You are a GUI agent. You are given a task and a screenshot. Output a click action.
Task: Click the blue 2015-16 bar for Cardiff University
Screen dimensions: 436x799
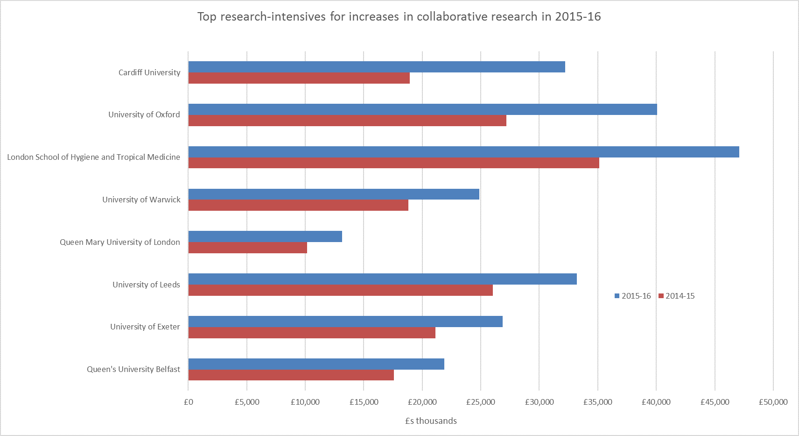377,67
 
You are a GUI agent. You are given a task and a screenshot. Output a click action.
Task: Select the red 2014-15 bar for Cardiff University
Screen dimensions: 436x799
299,78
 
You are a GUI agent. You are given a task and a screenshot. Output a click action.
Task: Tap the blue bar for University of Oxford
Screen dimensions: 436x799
422,109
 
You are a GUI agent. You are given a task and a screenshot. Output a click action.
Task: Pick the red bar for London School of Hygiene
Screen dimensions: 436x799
393,163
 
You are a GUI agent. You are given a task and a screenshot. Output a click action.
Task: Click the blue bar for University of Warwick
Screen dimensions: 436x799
334,194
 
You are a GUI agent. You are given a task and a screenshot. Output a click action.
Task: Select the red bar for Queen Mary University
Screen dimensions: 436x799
248,248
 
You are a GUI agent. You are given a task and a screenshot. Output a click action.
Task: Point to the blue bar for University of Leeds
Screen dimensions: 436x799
382,279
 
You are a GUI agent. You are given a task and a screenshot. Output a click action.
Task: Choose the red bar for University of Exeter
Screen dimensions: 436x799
312,333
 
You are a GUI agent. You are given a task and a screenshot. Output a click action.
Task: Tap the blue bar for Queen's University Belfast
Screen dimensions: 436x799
316,364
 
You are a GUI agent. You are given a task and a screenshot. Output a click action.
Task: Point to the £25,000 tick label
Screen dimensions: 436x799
480,402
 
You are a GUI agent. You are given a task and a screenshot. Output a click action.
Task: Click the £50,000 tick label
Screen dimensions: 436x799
773,402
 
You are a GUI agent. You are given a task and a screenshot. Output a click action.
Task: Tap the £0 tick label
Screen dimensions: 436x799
189,402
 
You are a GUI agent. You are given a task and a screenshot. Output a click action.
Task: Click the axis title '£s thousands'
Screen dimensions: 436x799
431,421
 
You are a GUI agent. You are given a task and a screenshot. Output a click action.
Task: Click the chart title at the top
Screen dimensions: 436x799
399,17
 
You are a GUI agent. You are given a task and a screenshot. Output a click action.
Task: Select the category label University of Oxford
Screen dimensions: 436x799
144,114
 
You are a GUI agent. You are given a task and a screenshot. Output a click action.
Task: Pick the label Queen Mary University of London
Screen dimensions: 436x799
120,242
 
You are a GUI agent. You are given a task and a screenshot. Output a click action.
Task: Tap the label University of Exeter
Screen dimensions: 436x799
145,327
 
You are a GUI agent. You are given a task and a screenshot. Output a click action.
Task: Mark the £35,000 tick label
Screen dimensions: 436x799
597,402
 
